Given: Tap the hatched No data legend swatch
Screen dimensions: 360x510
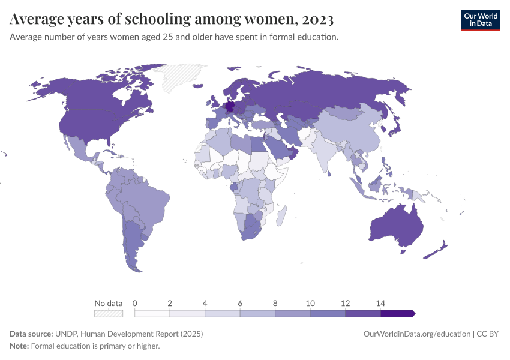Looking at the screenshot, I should (108, 313).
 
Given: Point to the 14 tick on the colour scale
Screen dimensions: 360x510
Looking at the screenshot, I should (380, 303).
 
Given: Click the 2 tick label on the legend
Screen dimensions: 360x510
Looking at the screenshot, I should (170, 303).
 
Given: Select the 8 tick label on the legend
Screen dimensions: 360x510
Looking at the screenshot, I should (275, 303).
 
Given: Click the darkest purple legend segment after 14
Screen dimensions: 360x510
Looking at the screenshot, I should (397, 313).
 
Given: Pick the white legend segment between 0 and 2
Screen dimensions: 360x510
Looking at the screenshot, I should (152, 313).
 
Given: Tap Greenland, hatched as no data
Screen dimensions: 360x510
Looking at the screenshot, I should (180, 78).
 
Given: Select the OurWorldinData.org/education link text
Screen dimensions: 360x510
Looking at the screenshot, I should (416, 334).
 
